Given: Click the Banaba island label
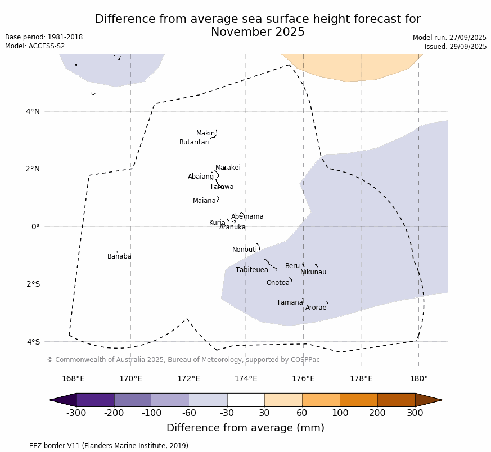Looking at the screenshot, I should click(119, 256).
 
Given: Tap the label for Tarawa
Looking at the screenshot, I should click(222, 187).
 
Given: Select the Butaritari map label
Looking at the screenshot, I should click(194, 142).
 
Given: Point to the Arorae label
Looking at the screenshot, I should click(316, 308).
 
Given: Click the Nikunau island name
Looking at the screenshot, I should click(313, 272).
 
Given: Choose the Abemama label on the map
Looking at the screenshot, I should click(247, 216).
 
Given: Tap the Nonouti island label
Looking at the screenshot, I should click(245, 250).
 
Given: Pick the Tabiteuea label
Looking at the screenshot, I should click(251, 270).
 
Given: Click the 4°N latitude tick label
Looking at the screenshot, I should click(33, 111).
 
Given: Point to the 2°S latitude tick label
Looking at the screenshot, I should click(33, 284).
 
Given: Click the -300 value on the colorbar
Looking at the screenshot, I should click(76, 413).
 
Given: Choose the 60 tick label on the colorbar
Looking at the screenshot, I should click(302, 413).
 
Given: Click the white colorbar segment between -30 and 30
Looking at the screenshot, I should click(246, 400).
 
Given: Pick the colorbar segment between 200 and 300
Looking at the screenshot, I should click(396, 400).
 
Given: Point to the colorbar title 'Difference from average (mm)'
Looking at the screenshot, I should click(245, 428).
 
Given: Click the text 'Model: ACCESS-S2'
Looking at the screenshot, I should click(35, 46).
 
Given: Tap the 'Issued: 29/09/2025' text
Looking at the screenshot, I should click(456, 47).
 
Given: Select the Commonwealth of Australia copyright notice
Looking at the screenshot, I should click(183, 360).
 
